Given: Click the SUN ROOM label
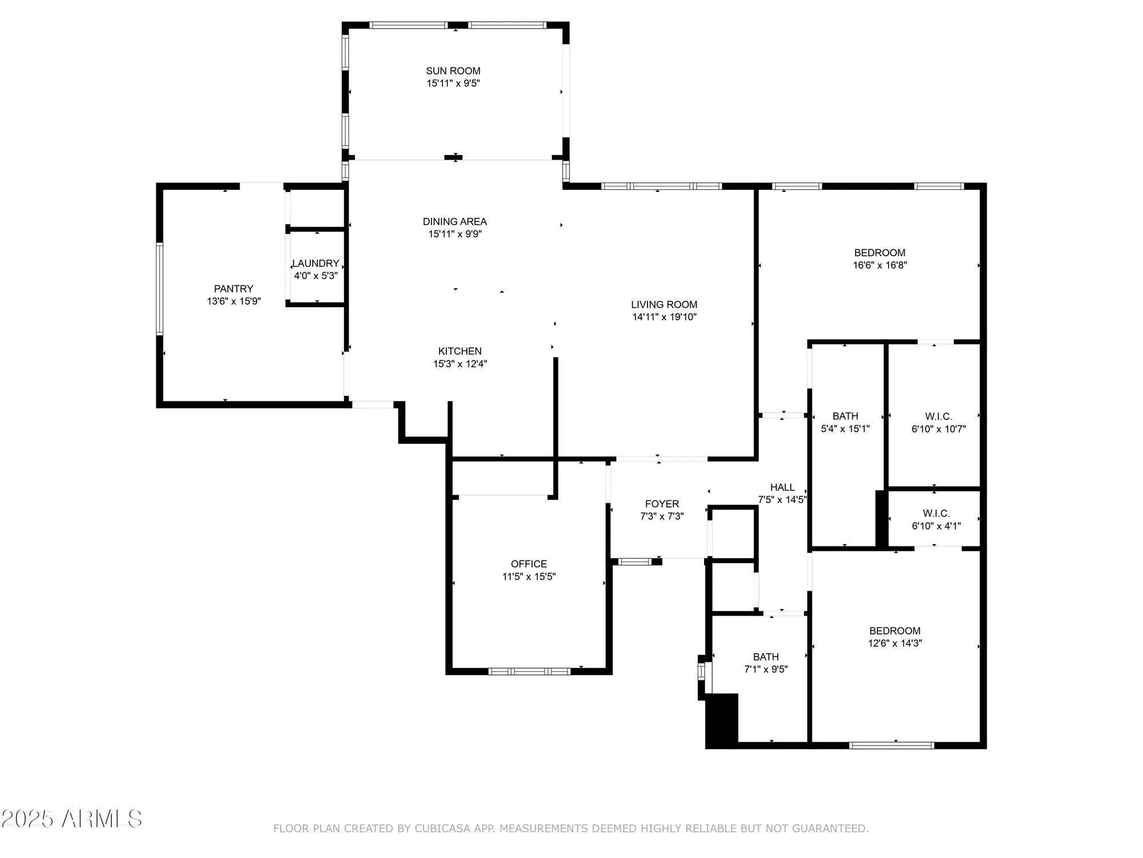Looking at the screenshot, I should (x=453, y=71).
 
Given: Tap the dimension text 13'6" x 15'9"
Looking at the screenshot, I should (x=234, y=301).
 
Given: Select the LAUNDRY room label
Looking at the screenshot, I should (x=315, y=264).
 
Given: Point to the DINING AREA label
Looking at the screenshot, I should (x=454, y=221).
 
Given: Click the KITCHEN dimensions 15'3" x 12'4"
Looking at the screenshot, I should (x=459, y=364).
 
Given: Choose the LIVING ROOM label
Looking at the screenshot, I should (x=664, y=305).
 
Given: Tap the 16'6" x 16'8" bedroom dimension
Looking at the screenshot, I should (x=880, y=265).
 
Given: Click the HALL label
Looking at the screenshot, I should (x=782, y=487).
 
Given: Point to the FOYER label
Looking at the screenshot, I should (x=662, y=504).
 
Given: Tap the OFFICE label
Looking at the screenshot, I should (x=529, y=564).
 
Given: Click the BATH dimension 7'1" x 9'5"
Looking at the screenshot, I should (x=766, y=669).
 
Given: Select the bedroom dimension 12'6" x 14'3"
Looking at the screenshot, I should (x=895, y=643).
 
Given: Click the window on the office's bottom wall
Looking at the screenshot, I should (x=529, y=671).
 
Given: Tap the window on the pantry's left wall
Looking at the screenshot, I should (x=159, y=289).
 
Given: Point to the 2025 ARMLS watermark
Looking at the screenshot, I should (x=71, y=819).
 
